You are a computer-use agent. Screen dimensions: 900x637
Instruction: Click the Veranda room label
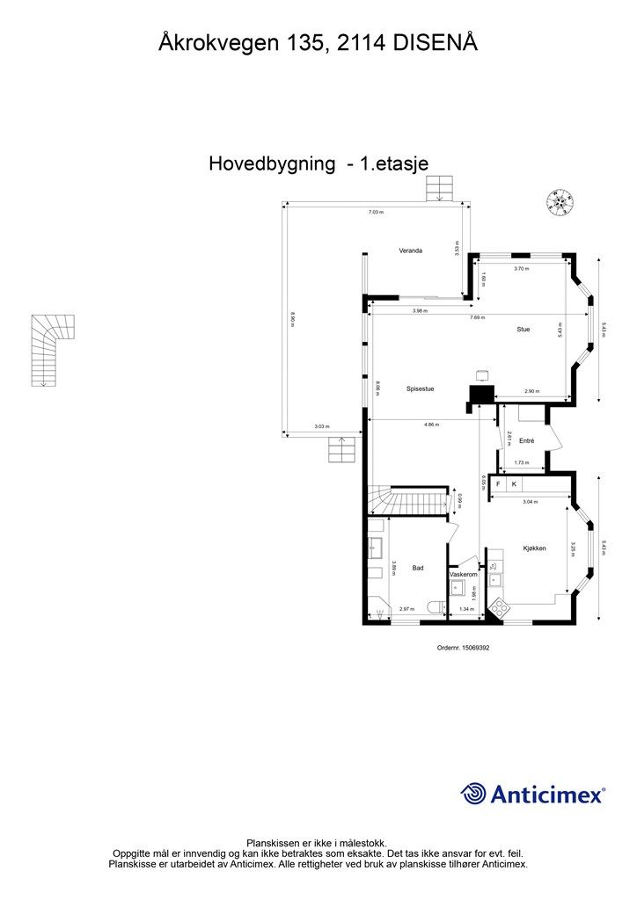tap(410, 250)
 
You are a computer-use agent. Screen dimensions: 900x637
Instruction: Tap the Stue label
tap(523, 329)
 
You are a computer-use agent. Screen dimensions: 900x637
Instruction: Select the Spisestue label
tap(420, 388)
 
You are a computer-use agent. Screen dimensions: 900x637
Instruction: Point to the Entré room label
tap(527, 440)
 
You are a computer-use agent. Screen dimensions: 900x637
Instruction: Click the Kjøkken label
tap(535, 548)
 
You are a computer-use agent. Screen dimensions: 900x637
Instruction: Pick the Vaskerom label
tap(463, 574)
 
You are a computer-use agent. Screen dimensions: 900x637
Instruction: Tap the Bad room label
tap(418, 568)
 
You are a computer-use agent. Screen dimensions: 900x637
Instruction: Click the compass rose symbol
tap(558, 202)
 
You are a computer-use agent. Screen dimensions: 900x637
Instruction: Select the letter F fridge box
tap(498, 483)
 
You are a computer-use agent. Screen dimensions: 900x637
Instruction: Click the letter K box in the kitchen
tap(514, 483)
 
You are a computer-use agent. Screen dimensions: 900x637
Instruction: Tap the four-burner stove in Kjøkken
tap(500, 606)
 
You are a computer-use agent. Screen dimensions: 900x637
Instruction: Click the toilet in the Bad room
tap(435, 607)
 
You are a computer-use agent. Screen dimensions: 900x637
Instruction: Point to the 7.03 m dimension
tap(376, 212)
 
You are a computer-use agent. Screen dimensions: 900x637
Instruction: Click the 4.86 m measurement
tap(430, 425)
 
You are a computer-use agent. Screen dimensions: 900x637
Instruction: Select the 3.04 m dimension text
tap(529, 502)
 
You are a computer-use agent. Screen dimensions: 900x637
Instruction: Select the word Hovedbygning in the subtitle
tap(272, 163)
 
